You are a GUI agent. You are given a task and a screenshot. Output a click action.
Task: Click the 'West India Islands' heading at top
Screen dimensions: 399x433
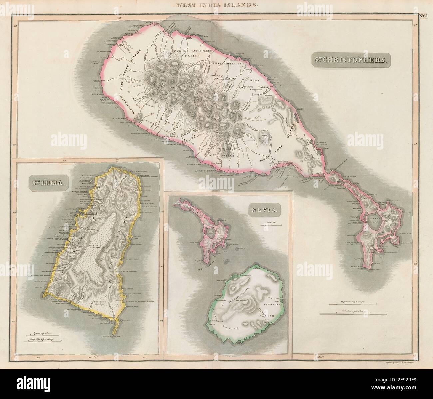click(x=217, y=5)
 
